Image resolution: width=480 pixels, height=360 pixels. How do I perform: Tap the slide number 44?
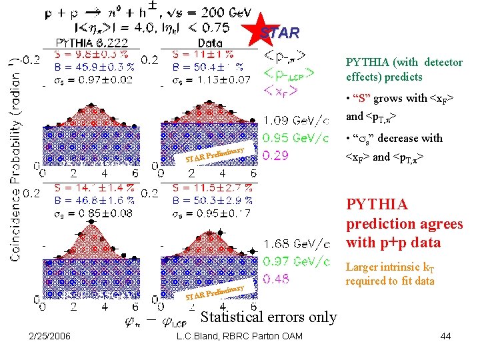click(x=445, y=336)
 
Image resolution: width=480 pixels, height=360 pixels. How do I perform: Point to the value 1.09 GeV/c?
click(x=296, y=121)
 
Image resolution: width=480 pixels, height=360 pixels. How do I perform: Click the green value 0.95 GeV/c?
click(x=296, y=138)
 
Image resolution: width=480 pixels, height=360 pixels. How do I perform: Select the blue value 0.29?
click(x=276, y=155)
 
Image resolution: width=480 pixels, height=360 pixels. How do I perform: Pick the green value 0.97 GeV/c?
click(x=296, y=262)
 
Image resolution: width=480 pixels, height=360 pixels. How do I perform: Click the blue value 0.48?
click(x=276, y=279)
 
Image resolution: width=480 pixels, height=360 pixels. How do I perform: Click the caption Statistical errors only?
click(x=268, y=317)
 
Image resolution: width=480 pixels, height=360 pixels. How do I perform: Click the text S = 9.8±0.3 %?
click(x=82, y=54)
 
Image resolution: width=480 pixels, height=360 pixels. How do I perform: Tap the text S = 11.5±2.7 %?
click(x=211, y=189)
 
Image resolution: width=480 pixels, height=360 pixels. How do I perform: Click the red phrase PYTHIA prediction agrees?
click(x=403, y=223)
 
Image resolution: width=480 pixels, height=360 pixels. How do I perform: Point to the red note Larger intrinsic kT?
click(x=390, y=267)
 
